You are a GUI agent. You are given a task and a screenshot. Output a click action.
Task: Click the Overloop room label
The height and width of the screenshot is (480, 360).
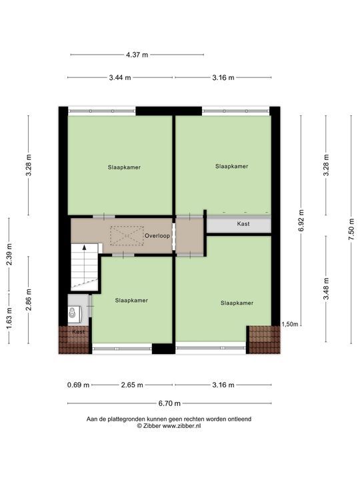(157, 236)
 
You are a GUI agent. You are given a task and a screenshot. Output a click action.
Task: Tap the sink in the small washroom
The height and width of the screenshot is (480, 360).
(74, 314)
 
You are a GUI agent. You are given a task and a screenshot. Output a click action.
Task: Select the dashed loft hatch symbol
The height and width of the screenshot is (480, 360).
(127, 235)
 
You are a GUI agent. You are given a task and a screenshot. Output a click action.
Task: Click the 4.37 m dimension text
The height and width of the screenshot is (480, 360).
(137, 55)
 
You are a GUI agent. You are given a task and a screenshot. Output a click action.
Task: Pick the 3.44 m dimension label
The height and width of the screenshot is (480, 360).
(120, 78)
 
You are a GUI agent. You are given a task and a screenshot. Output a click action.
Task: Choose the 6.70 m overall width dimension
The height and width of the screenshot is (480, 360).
(169, 403)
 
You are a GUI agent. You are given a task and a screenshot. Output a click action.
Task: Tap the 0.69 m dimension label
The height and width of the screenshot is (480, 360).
(79, 385)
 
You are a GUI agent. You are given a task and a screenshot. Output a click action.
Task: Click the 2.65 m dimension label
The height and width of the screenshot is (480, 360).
(132, 385)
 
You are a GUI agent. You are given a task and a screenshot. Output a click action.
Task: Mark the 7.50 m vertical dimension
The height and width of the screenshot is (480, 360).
(351, 229)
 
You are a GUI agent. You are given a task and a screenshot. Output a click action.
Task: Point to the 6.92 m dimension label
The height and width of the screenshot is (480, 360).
(301, 221)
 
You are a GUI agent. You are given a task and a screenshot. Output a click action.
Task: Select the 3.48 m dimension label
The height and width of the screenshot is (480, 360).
(326, 289)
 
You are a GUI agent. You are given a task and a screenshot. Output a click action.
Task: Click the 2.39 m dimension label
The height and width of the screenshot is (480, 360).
(9, 255)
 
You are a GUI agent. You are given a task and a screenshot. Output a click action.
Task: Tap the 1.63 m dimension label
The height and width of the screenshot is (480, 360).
(9, 319)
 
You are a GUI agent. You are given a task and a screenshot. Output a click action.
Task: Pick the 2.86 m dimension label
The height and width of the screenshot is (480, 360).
(29, 300)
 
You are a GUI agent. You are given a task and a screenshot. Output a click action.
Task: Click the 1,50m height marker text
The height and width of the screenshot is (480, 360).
(289, 325)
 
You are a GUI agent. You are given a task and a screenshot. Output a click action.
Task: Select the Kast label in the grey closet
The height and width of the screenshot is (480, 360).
(243, 224)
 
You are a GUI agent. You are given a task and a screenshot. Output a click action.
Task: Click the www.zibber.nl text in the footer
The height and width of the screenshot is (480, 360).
(181, 425)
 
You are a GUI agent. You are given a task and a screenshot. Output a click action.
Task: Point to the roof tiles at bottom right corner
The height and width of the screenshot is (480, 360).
(265, 340)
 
